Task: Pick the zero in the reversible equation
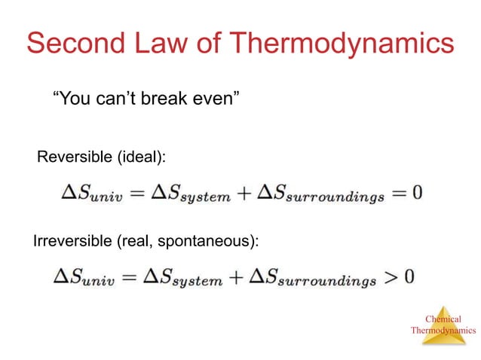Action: (x=417, y=193)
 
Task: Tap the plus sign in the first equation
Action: (x=244, y=193)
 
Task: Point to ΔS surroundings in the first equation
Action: (x=320, y=194)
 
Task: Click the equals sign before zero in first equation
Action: (x=398, y=193)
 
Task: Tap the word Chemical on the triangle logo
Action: (x=443, y=319)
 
